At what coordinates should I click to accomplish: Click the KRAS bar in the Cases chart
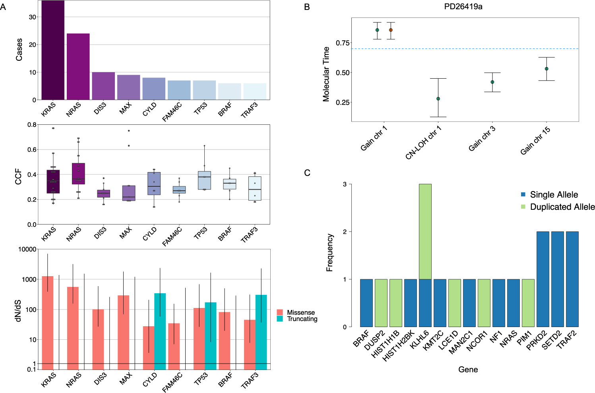tap(53, 50)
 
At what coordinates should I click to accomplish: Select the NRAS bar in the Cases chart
tap(78, 67)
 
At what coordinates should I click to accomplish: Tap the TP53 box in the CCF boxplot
tap(204, 180)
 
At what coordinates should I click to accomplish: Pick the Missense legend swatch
tap(280, 313)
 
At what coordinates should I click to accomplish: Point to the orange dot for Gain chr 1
tap(391, 30)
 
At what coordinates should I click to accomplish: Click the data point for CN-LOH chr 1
tap(438, 99)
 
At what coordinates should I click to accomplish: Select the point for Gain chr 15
tap(547, 69)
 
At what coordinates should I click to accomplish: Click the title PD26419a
tap(463, 7)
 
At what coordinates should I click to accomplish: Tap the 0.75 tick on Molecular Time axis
tap(343, 43)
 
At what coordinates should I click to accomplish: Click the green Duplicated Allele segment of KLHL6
tap(425, 232)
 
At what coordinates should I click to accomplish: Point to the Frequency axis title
tap(329, 253)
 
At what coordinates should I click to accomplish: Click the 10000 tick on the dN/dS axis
tap(27, 249)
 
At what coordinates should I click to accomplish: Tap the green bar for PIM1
tap(528, 303)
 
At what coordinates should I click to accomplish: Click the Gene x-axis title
tap(468, 370)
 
